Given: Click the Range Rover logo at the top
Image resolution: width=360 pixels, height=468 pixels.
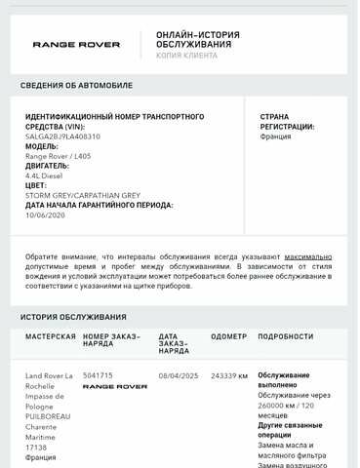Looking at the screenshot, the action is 76,44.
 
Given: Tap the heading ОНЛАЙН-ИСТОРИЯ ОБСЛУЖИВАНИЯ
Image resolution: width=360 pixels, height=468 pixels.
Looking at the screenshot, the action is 198,39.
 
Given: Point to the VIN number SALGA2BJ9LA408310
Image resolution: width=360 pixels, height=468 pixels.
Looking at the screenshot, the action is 62,136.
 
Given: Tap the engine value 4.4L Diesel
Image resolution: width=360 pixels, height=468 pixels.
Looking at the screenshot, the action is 43,176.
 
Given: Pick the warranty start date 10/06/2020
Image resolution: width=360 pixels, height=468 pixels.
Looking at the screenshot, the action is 44,215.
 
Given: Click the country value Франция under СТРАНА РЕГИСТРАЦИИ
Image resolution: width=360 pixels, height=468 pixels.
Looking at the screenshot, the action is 275,136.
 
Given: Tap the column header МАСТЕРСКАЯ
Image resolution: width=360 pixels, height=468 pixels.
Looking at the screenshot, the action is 51,336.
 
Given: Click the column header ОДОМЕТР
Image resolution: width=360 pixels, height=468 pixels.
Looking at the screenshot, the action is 228,336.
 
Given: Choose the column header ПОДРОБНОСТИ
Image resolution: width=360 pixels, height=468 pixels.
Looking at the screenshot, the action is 285,336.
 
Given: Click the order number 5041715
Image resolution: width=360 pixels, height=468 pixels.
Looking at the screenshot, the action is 98,375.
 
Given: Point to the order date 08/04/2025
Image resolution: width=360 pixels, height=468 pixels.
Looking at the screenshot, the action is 178,375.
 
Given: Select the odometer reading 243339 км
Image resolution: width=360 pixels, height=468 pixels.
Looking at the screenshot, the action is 229,375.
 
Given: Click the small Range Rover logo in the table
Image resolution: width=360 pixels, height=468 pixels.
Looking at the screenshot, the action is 114,387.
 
